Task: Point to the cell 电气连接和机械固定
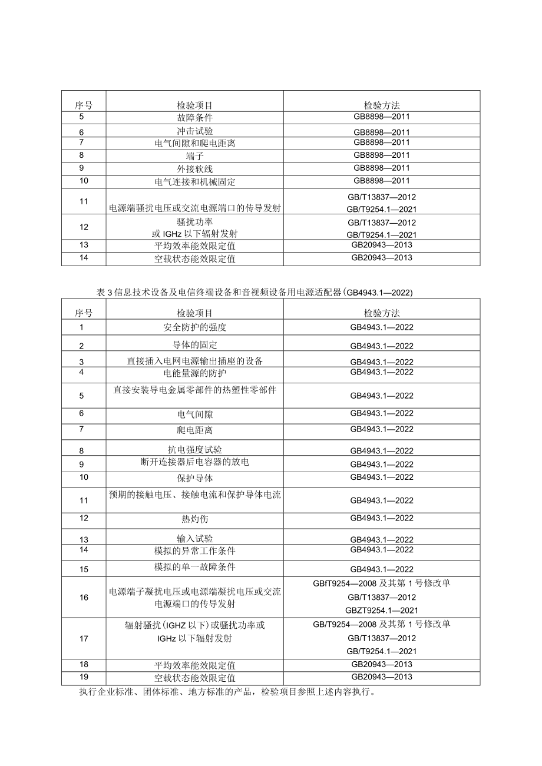tap(195, 182)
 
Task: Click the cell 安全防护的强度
tap(195, 327)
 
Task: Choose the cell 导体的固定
tap(195, 344)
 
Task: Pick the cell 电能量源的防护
tap(195, 373)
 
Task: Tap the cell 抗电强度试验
tap(195, 450)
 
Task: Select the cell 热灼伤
tap(195, 519)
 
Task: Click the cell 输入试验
tap(195, 539)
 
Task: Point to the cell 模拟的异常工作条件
tap(195, 551)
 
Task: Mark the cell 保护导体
tap(195, 478)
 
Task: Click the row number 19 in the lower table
tap(83, 677)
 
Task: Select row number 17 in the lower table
tap(83, 638)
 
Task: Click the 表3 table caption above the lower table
tap(254, 292)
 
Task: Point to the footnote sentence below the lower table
tap(227, 692)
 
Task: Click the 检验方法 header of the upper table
tap(382, 105)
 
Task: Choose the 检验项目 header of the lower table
tap(195, 313)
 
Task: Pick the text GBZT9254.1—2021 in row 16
tap(382, 611)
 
